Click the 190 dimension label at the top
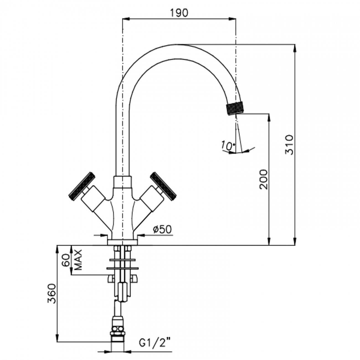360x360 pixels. click(179, 12)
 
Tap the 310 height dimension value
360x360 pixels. click(289, 145)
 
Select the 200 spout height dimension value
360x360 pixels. click(264, 179)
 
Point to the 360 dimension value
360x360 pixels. click(52, 293)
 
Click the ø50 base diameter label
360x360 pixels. click(162, 229)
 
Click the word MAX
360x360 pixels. click(78, 260)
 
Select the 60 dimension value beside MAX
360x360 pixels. click(66, 260)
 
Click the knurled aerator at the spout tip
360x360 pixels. click(235, 109)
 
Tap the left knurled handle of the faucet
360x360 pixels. click(82, 186)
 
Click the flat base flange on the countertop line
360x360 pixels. click(123, 242)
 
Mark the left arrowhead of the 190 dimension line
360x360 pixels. click(125, 19)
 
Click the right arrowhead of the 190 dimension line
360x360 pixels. click(233, 19)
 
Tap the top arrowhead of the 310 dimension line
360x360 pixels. click(295, 47)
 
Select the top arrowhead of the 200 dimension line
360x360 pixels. click(269, 117)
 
